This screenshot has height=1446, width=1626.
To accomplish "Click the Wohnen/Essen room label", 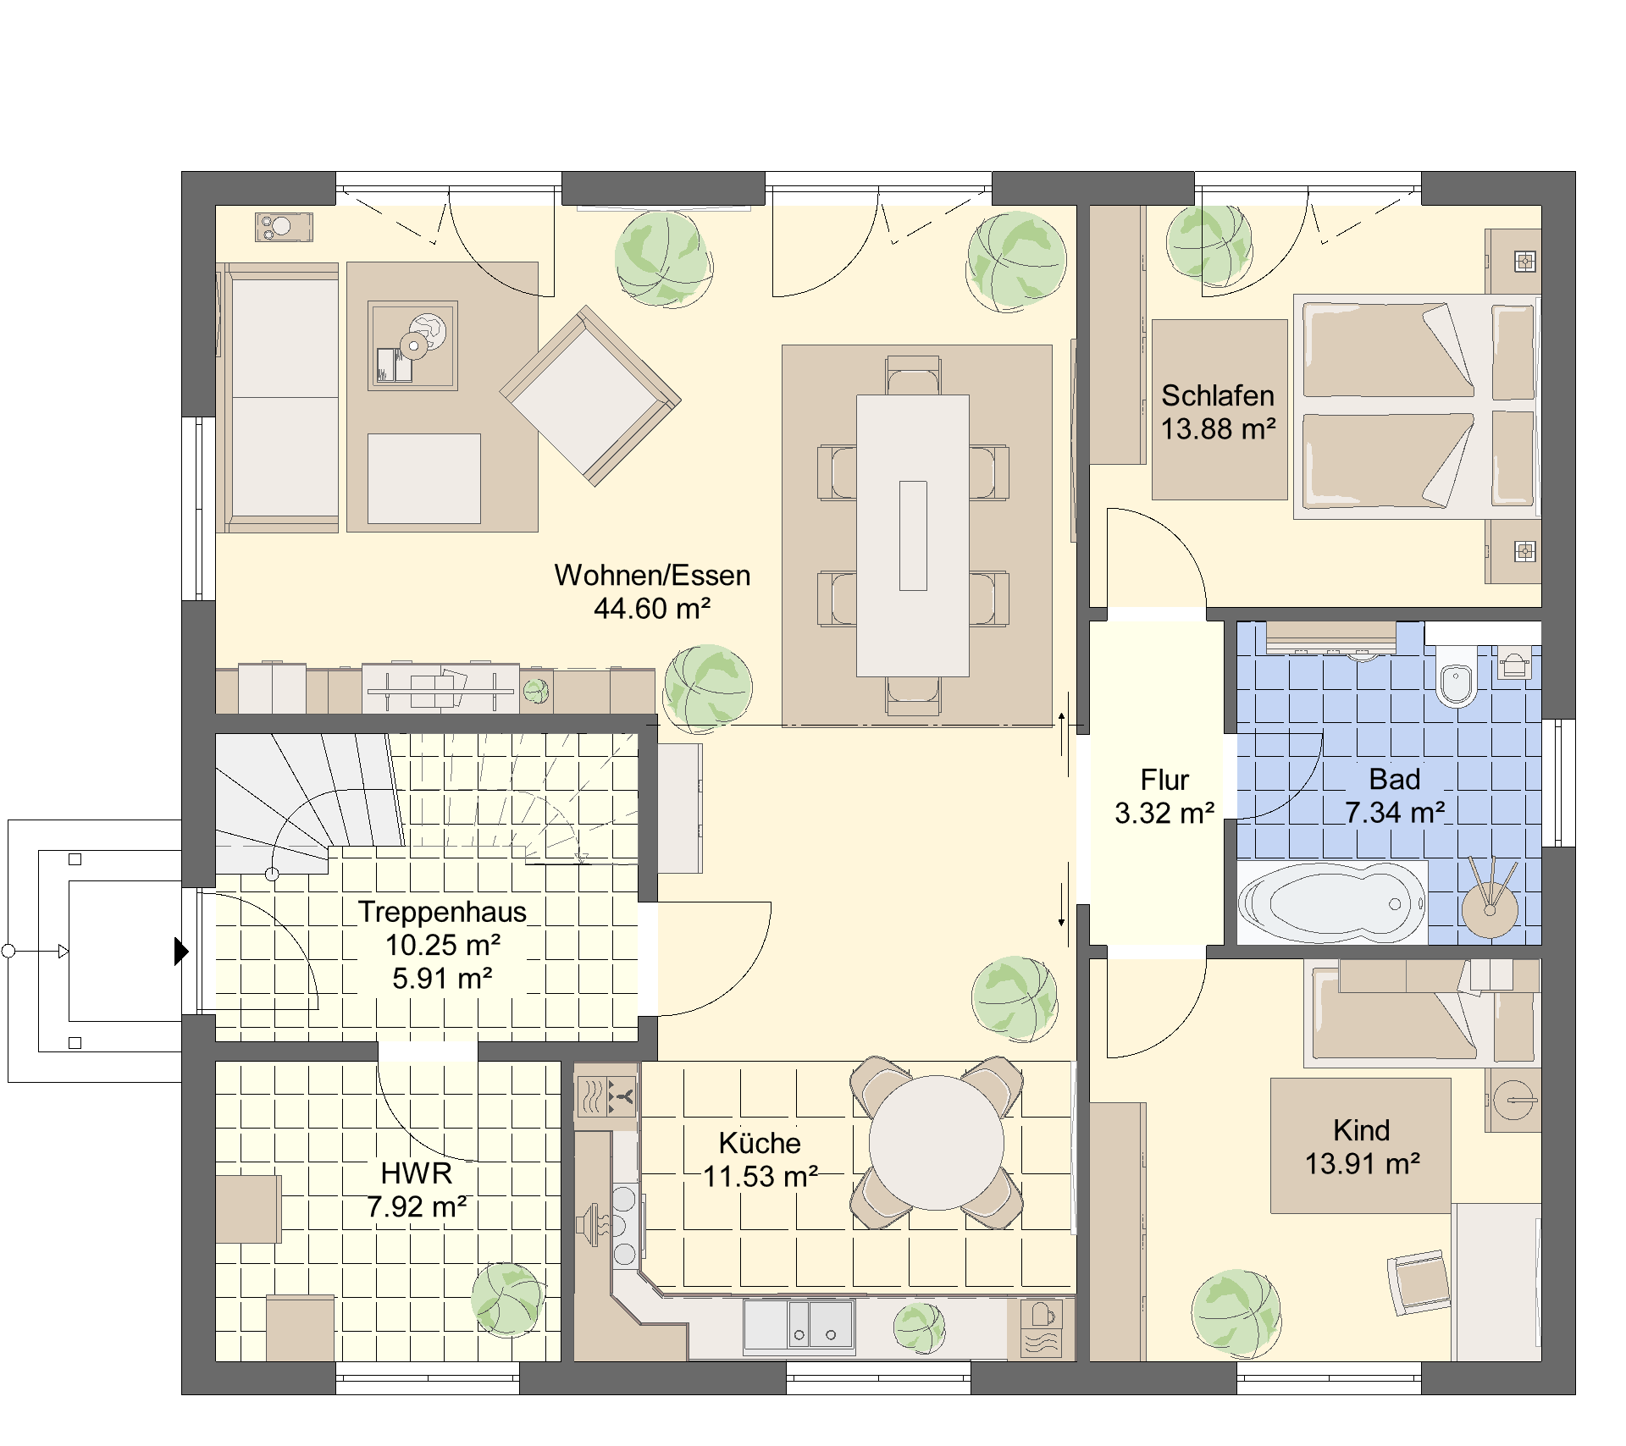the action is (x=652, y=576).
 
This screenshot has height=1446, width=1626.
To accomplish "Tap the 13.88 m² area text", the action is (x=1218, y=429).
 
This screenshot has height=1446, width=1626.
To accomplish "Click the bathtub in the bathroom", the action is (x=1332, y=903).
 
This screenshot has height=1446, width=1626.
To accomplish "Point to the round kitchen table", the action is (x=937, y=1143).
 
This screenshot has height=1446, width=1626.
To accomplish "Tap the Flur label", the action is (x=1164, y=780).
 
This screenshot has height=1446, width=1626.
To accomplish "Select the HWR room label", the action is (x=417, y=1173).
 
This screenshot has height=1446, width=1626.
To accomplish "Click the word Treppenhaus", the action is (x=442, y=912).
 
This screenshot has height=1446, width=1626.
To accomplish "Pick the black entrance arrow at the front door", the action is (x=181, y=952).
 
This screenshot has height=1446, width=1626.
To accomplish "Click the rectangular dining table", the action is (x=913, y=536).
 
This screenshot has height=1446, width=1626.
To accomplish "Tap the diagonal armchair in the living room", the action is (x=590, y=396).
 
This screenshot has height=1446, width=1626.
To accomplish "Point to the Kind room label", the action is (x=1362, y=1130).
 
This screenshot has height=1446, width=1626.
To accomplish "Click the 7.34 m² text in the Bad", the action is (x=1395, y=813).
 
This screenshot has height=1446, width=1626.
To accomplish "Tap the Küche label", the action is (x=760, y=1143).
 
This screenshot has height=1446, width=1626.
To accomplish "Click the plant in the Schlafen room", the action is (x=1208, y=243).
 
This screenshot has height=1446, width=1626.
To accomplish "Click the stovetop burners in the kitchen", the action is (x=624, y=1227).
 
